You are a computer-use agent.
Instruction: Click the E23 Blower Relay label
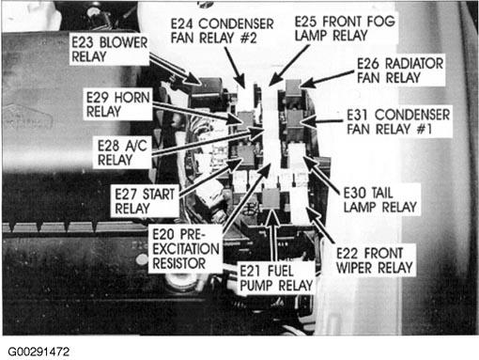tap(109, 50)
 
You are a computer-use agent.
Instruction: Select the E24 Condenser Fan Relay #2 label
tap(222, 31)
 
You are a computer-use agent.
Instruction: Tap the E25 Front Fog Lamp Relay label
tap(345, 28)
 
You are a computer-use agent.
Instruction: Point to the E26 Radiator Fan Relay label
tap(400, 70)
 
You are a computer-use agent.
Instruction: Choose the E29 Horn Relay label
tap(118, 104)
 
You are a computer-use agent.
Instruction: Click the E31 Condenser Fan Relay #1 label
tap(398, 121)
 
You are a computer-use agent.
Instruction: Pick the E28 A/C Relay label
tap(122, 153)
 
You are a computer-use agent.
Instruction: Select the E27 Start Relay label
tap(145, 201)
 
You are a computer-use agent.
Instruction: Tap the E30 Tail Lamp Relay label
tap(380, 200)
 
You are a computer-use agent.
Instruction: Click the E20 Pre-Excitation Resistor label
tap(186, 249)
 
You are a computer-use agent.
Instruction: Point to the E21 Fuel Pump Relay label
tap(276, 278)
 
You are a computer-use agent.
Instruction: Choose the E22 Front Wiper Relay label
tap(375, 260)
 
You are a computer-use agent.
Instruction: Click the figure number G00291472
tap(39, 352)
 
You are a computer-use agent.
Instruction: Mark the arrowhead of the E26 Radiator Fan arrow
tap(304, 84)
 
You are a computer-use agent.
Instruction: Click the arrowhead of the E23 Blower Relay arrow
tap(195, 80)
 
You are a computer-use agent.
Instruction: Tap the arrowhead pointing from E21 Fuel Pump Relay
tap(273, 214)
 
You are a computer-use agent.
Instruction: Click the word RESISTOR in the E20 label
tap(179, 263)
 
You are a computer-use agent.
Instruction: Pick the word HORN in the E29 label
tap(131, 98)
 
